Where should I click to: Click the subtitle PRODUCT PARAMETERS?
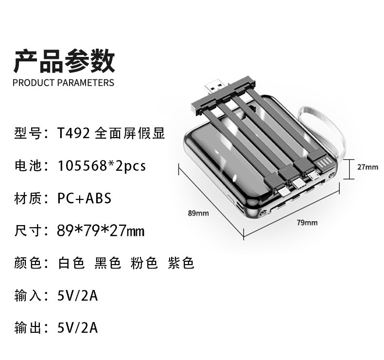pyautogui.click(x=64, y=83)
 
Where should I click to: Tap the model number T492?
pyautogui.click(x=73, y=133)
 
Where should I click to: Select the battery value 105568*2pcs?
pyautogui.click(x=102, y=166)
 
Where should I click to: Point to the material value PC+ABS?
pyautogui.click(x=84, y=198)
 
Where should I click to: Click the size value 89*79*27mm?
pyautogui.click(x=101, y=231)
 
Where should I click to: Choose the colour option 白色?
pyautogui.click(x=71, y=263)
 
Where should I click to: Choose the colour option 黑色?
pyautogui.click(x=107, y=263)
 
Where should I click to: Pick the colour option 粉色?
pyautogui.click(x=144, y=263)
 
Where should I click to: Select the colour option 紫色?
pyautogui.click(x=181, y=263)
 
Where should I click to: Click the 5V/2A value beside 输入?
pyautogui.click(x=77, y=295)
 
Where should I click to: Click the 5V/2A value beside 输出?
pyautogui.click(x=77, y=328)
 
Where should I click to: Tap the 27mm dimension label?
pyautogui.click(x=367, y=167)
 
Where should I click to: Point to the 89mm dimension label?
pyautogui.click(x=198, y=213)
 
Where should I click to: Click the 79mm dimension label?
pyautogui.click(x=307, y=223)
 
